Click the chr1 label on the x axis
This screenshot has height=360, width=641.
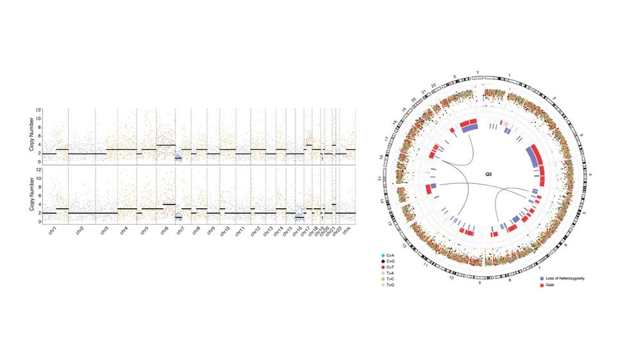click(x=54, y=229)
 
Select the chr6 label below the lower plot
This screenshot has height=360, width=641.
click(x=165, y=229)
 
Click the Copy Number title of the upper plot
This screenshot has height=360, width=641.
click(x=31, y=136)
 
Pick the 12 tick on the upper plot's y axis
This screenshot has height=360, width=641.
click(x=38, y=110)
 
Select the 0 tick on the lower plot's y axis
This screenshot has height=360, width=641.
click(x=38, y=222)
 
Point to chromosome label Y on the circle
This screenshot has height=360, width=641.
click(x=476, y=72)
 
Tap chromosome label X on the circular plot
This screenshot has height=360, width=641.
click(x=454, y=76)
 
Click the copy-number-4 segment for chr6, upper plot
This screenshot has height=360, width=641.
click(x=165, y=145)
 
